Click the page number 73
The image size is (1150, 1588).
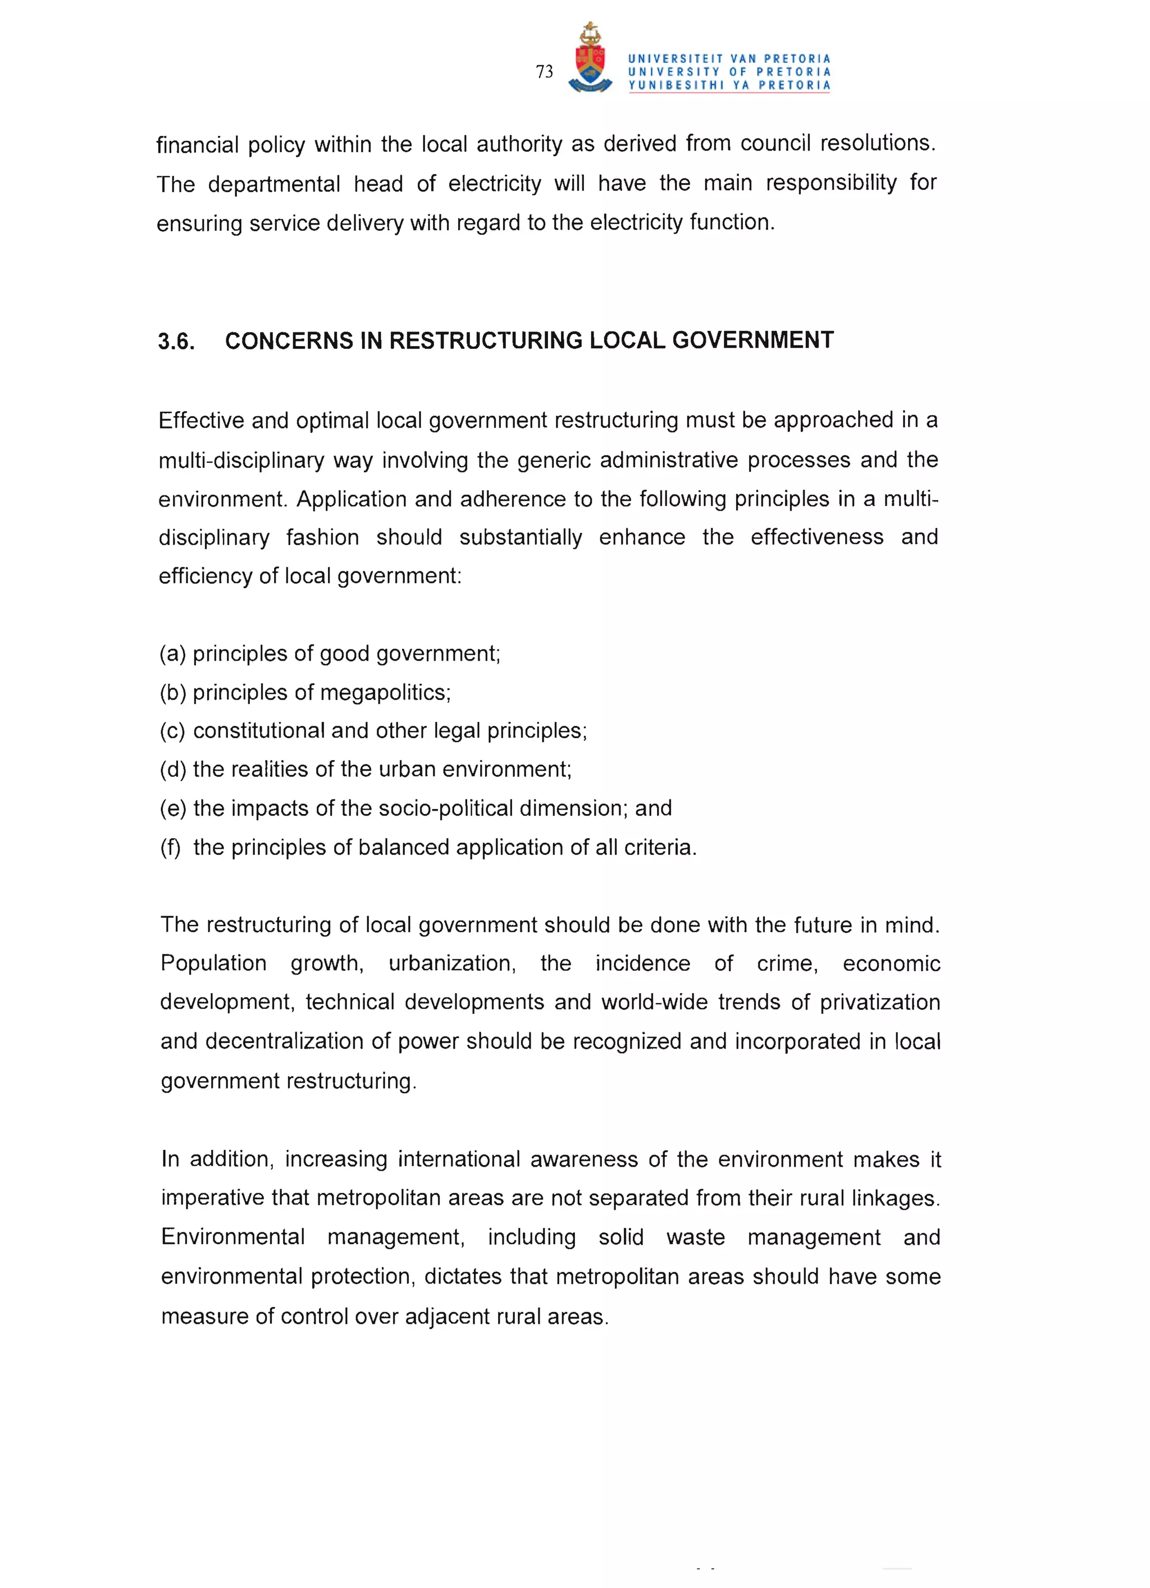pyautogui.click(x=544, y=71)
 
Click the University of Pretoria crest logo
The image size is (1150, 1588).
pyautogui.click(x=590, y=59)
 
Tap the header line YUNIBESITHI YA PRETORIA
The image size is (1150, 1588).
pyautogui.click(x=729, y=85)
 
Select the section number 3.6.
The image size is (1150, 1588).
pyautogui.click(x=176, y=342)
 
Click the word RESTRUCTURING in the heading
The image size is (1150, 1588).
pyautogui.click(x=486, y=340)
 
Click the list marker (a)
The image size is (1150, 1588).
pyautogui.click(x=172, y=654)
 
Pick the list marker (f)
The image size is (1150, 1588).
pyautogui.click(x=170, y=848)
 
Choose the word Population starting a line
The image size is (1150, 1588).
pyautogui.click(x=213, y=963)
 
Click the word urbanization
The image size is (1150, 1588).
pyautogui.click(x=451, y=963)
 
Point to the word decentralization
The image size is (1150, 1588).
pyautogui.click(x=284, y=1042)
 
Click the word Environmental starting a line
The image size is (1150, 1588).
pyautogui.click(x=232, y=1237)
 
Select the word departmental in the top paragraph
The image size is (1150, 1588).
pyautogui.click(x=273, y=184)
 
